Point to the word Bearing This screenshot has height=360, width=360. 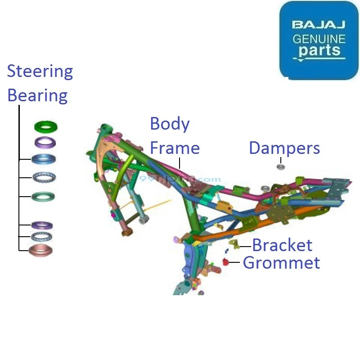click(x=37, y=96)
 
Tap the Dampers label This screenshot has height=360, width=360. click(x=284, y=148)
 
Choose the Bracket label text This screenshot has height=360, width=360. click(x=282, y=245)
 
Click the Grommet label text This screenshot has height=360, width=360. click(x=281, y=262)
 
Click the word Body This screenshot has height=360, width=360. click(x=170, y=124)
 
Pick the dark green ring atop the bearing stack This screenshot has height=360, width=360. click(x=46, y=126)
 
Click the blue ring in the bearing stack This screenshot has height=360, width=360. click(x=44, y=159)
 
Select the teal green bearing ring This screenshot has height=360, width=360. click(x=43, y=196)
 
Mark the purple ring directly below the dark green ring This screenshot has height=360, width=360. click(x=45, y=143)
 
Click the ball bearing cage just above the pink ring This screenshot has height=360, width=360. click(x=41, y=236)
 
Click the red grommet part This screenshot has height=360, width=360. click(x=226, y=262)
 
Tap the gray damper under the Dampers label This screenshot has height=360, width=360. click(x=280, y=167)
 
